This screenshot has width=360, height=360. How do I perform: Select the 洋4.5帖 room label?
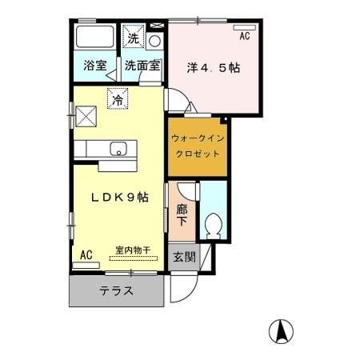214,67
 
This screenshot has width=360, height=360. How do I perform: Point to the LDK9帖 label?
119,197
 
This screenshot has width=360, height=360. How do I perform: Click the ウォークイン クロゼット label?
198,145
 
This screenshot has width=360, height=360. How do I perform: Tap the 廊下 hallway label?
181,215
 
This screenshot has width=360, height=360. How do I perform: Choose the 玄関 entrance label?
183,258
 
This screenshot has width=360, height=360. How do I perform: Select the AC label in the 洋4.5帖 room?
244,36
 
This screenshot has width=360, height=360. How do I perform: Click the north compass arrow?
282,329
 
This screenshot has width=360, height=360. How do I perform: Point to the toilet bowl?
213,225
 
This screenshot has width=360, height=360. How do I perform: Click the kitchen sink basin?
118,149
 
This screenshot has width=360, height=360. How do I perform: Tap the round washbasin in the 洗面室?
155,41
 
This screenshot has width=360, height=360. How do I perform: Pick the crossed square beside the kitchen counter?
86,117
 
